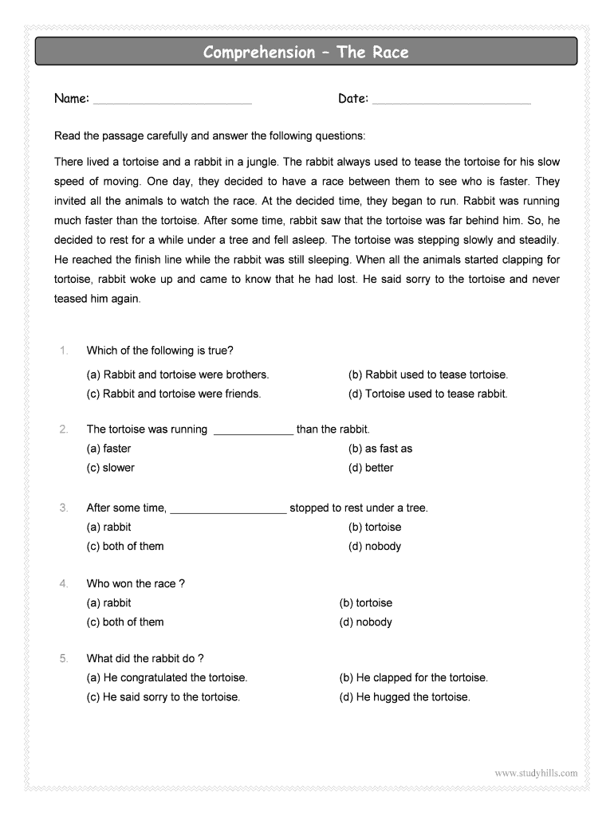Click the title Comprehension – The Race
[x=305, y=53]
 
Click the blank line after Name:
[x=172, y=101]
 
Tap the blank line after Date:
[x=451, y=101]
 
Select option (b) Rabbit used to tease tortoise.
[x=427, y=375]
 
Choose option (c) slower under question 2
[x=111, y=468]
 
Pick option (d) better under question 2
[x=371, y=468]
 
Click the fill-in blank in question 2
[x=254, y=431]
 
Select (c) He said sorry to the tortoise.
[x=163, y=697]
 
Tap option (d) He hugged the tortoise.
[x=404, y=697]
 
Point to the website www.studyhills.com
[x=536, y=773]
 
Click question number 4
[x=64, y=584]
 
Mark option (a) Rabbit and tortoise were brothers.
[x=178, y=375]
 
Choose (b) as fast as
[x=380, y=449]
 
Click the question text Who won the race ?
[x=136, y=584]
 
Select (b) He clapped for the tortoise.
[x=413, y=678]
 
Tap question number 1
[x=64, y=351]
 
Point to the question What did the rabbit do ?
[x=145, y=659]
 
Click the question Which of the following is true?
[x=159, y=351]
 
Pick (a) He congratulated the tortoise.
[x=167, y=678]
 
